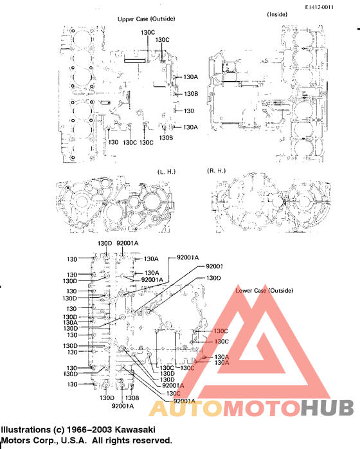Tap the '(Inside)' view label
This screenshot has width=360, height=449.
pyautogui.click(x=276, y=14)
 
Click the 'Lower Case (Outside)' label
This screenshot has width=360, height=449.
pyautogui.click(x=264, y=291)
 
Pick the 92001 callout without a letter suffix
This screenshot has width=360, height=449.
pyautogui.click(x=214, y=266)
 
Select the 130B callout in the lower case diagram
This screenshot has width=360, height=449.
pyautogui.click(x=125, y=397)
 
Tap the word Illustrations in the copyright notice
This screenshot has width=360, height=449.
pyautogui.click(x=26, y=429)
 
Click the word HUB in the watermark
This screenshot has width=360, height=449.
pyautogui.click(x=327, y=408)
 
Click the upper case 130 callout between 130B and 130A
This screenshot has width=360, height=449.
pyautogui.click(x=188, y=111)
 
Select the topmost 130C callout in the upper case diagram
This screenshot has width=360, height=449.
pyautogui.click(x=148, y=32)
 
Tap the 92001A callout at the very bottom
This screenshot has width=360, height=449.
pyautogui.click(x=122, y=406)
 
